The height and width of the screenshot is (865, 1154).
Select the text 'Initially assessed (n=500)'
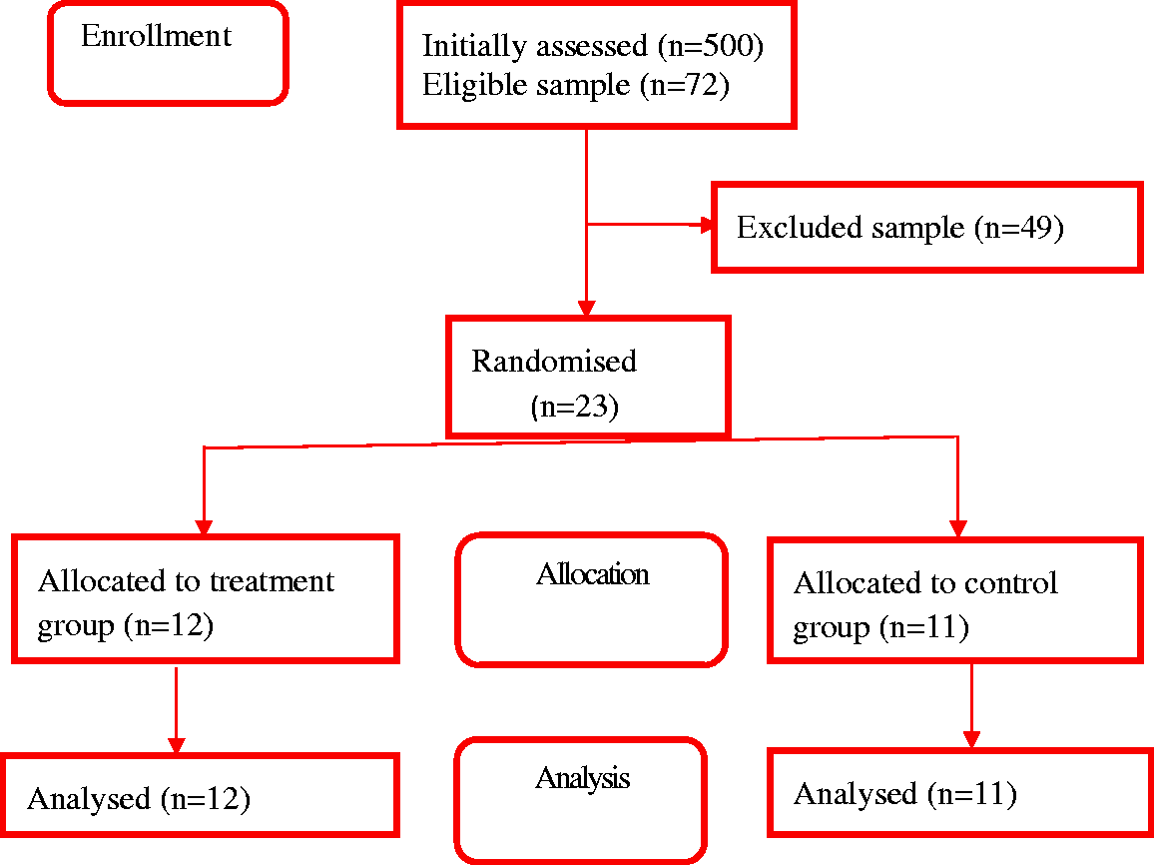[x=592, y=46]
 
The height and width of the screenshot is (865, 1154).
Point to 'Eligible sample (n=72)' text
[x=576, y=85]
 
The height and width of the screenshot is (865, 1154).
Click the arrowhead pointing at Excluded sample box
[x=707, y=225]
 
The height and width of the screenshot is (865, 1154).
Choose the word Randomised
[x=553, y=362]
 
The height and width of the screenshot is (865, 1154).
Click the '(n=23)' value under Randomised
[x=574, y=407]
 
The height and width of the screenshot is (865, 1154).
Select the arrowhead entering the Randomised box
[x=587, y=308]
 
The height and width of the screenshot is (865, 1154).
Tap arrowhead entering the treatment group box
[x=204, y=527]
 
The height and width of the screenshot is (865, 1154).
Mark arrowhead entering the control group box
[x=957, y=528]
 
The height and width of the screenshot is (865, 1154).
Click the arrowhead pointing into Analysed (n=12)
[x=176, y=745]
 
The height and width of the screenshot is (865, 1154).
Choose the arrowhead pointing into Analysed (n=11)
[x=971, y=740]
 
